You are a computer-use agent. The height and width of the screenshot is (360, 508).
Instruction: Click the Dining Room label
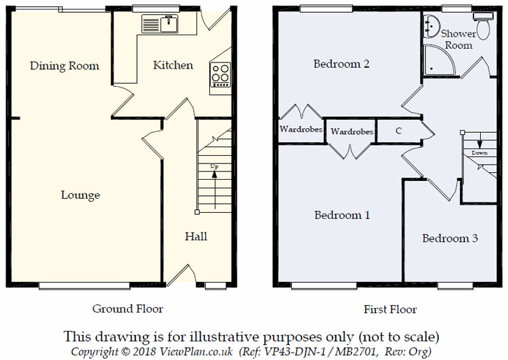64,66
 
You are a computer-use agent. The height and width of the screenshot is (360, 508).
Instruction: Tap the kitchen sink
161,24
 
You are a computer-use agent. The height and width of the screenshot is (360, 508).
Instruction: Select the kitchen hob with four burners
221,73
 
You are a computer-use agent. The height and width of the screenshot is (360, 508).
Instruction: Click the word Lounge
81,195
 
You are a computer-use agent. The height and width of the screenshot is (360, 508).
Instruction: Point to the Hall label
196,237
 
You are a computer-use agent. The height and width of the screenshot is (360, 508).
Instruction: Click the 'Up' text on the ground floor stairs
215,166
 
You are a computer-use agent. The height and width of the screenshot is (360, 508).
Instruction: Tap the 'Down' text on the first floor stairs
479,153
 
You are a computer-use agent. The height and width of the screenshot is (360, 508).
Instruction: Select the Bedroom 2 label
341,64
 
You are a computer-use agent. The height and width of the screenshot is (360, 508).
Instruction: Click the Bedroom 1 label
342,216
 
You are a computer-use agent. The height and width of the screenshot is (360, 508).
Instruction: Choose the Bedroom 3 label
450,239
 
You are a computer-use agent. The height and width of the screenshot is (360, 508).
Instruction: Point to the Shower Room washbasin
428,26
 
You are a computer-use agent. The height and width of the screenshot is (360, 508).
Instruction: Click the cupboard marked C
398,131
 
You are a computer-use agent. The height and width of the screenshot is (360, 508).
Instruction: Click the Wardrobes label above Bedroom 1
352,132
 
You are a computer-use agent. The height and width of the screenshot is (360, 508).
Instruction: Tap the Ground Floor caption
128,309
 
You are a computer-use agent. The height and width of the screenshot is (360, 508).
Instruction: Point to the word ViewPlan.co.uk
203,351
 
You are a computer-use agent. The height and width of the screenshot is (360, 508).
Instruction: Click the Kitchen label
173,66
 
